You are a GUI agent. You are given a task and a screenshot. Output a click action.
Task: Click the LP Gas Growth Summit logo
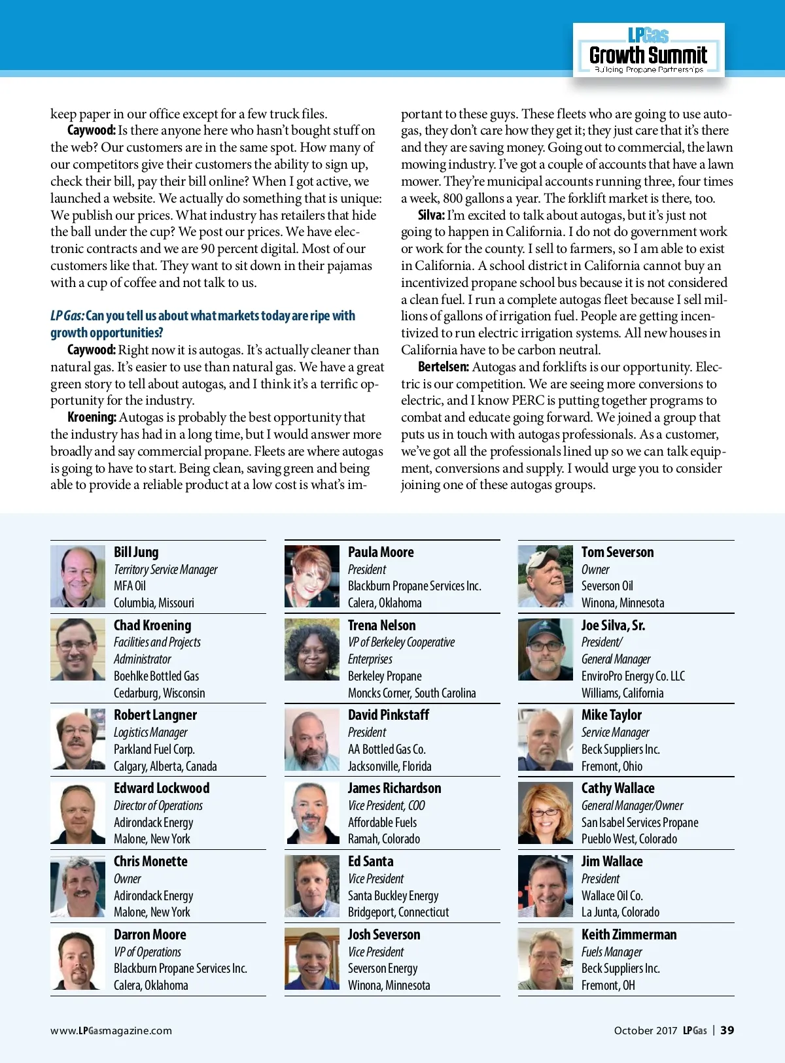[x=648, y=51]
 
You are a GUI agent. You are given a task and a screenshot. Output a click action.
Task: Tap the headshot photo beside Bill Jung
[x=78, y=577]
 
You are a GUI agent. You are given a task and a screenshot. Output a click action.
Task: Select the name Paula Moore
[x=381, y=552]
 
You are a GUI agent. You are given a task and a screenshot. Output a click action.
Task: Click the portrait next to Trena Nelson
[x=312, y=650]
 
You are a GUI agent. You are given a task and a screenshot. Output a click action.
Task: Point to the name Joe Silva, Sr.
[x=613, y=626]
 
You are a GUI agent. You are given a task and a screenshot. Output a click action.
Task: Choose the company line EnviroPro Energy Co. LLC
[x=633, y=676]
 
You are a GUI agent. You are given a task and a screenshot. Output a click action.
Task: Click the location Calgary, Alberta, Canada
[x=165, y=766]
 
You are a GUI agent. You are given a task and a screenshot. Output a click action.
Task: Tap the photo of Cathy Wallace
[x=546, y=813]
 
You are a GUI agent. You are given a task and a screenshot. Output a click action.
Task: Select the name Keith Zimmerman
[x=629, y=935]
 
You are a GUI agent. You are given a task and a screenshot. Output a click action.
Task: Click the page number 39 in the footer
[x=727, y=1030]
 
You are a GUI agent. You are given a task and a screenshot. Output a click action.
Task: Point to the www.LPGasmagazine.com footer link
[x=111, y=1031]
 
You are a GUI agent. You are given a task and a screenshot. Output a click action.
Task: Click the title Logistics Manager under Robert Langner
[x=150, y=733]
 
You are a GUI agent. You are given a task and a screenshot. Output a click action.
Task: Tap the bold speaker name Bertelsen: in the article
[x=443, y=367]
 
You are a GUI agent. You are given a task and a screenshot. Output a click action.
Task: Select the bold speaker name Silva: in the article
[x=431, y=215]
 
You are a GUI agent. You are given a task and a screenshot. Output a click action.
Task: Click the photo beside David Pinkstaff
[x=312, y=740]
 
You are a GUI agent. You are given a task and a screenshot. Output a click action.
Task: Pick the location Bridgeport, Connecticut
[x=398, y=912]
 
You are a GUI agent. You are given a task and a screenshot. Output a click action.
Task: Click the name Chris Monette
[x=150, y=862]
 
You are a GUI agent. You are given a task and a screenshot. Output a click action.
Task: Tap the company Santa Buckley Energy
[x=393, y=896]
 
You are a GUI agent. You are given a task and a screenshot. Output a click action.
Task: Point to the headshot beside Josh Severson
[x=312, y=959]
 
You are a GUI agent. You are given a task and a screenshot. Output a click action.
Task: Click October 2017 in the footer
[x=645, y=1031]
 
